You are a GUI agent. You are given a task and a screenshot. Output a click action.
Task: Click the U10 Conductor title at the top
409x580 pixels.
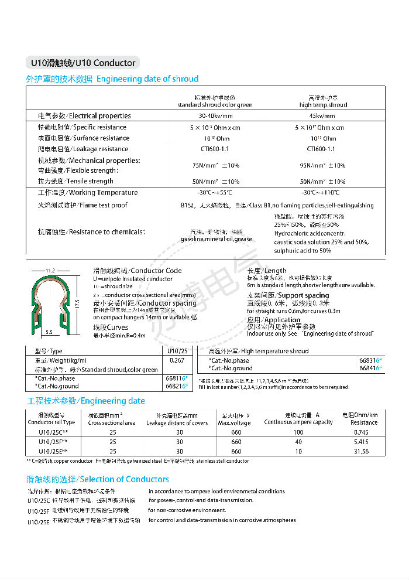tap(83, 63)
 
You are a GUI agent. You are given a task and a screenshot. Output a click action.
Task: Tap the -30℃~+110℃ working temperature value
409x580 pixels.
tap(321, 192)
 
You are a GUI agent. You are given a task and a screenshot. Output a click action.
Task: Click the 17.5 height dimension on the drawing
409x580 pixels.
tap(77, 305)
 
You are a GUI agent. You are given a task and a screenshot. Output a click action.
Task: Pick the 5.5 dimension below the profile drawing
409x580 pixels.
tap(50, 332)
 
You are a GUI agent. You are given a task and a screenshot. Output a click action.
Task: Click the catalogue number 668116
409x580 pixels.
tap(176, 378)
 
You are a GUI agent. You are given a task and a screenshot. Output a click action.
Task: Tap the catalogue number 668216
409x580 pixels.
tap(176, 386)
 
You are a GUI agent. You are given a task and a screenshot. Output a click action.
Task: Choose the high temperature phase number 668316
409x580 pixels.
tap(370, 360)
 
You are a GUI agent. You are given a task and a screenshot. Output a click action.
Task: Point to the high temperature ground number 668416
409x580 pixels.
tap(370, 368)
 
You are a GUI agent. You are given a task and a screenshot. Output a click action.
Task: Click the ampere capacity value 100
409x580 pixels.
tap(299, 432)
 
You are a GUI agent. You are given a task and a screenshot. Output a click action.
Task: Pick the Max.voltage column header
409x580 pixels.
tap(235, 422)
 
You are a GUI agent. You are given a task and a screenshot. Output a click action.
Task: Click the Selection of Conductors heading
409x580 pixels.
tap(98, 479)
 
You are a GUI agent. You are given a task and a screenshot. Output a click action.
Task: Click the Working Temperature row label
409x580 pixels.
tap(88, 192)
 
